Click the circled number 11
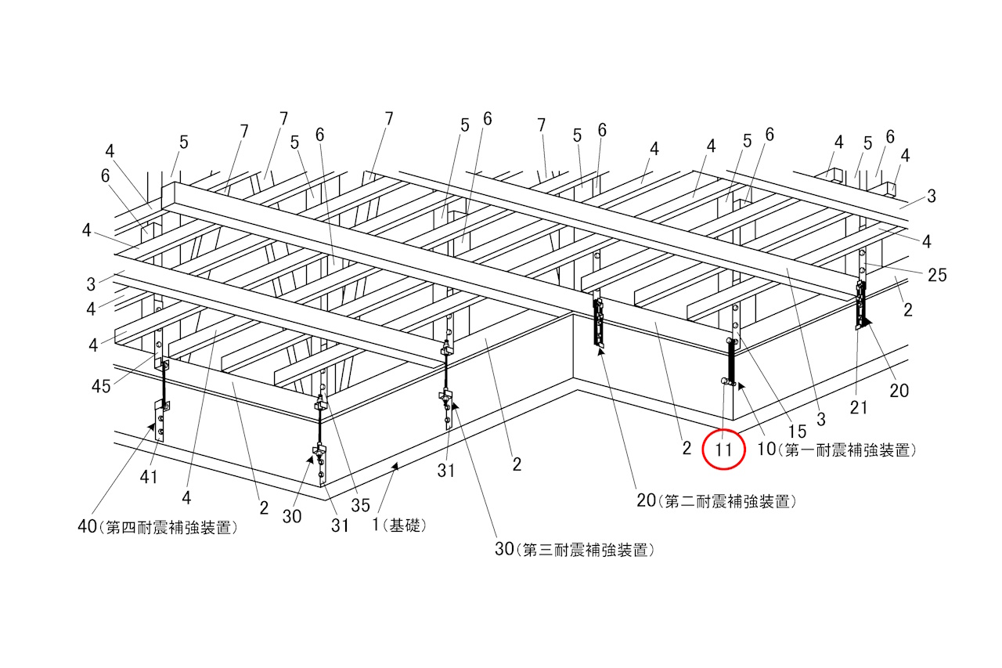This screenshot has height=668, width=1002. click(723, 450)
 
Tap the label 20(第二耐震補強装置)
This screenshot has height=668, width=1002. click(712, 500)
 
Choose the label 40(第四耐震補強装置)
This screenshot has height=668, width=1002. click(157, 527)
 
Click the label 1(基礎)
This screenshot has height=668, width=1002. click(399, 525)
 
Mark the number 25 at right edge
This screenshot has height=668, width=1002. click(937, 275)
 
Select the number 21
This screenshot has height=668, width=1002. click(859, 407)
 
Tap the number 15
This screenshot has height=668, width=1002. click(797, 431)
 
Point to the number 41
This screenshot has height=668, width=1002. click(148, 477)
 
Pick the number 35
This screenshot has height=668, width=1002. click(360, 506)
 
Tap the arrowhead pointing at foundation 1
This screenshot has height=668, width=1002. click(395, 467)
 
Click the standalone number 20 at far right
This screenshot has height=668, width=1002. click(899, 389)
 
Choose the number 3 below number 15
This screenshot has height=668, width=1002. click(820, 421)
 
